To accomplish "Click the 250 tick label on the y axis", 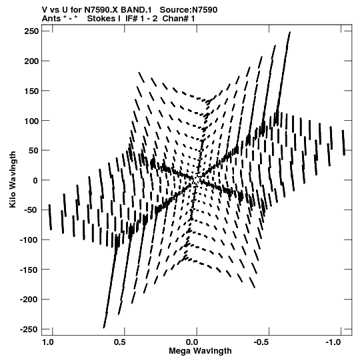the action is click(31, 31).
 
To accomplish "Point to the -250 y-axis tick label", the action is click(29, 329).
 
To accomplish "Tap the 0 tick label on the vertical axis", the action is click(35, 180).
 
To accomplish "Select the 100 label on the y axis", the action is click(31, 121).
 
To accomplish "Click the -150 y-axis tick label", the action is click(29, 270).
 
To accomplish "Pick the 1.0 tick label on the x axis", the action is click(48, 342).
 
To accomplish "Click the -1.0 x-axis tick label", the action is click(333, 342).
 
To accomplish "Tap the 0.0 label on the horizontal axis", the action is click(192, 342).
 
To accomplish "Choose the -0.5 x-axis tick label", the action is click(261, 342).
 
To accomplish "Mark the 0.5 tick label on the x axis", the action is click(120, 342).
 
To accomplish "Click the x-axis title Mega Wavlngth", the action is click(200, 351).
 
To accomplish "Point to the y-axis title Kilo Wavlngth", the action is click(13, 179).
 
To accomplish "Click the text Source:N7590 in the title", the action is click(189, 10).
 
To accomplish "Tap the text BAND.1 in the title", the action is click(136, 10).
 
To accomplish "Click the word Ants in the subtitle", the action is click(51, 19).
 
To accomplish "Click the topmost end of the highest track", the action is click(290, 32).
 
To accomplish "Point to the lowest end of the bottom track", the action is click(104, 328).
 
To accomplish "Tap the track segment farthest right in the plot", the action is click(343, 143).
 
